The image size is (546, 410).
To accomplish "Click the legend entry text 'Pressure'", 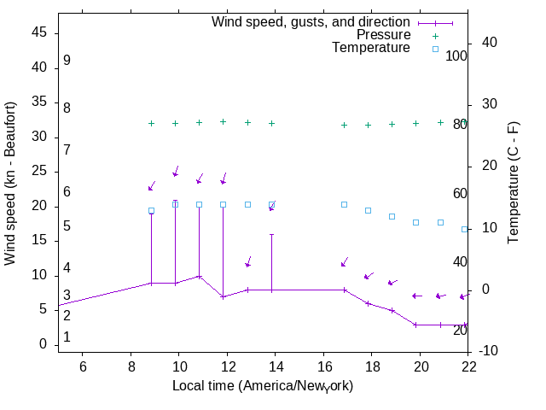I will point(383,35).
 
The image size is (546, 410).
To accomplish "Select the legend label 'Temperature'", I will point(371,48).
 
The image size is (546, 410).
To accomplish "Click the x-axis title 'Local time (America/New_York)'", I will point(263,385).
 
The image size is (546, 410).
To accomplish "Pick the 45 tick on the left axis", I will point(41,32).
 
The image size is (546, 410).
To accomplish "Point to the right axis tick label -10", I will point(498,351).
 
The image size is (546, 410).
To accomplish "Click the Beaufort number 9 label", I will point(67,61).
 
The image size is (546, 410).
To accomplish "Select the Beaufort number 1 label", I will point(67,337).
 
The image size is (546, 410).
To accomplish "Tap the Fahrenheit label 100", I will point(456,56).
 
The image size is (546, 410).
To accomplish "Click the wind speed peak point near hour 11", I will point(199,276).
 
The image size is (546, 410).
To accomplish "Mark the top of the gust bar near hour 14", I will point(271,234).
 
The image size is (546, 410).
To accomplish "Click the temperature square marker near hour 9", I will point(151,210).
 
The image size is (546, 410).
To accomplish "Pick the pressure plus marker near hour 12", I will point(223,121).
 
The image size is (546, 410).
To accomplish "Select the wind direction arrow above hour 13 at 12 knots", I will point(248,262).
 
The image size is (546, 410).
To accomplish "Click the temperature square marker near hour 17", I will point(344,204).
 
